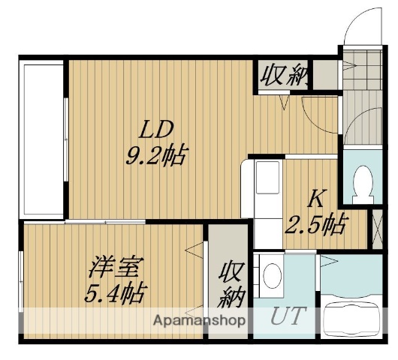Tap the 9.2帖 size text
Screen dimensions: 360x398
coord(156,157)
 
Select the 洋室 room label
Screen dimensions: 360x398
coord(113,266)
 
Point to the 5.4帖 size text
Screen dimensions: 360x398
coord(115,290)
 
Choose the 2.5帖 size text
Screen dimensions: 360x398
coord(316,223)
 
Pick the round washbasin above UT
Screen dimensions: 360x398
coord(271,274)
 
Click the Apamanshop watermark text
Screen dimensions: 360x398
coord(200,320)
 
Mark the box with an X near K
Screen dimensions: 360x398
coord(377,230)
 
